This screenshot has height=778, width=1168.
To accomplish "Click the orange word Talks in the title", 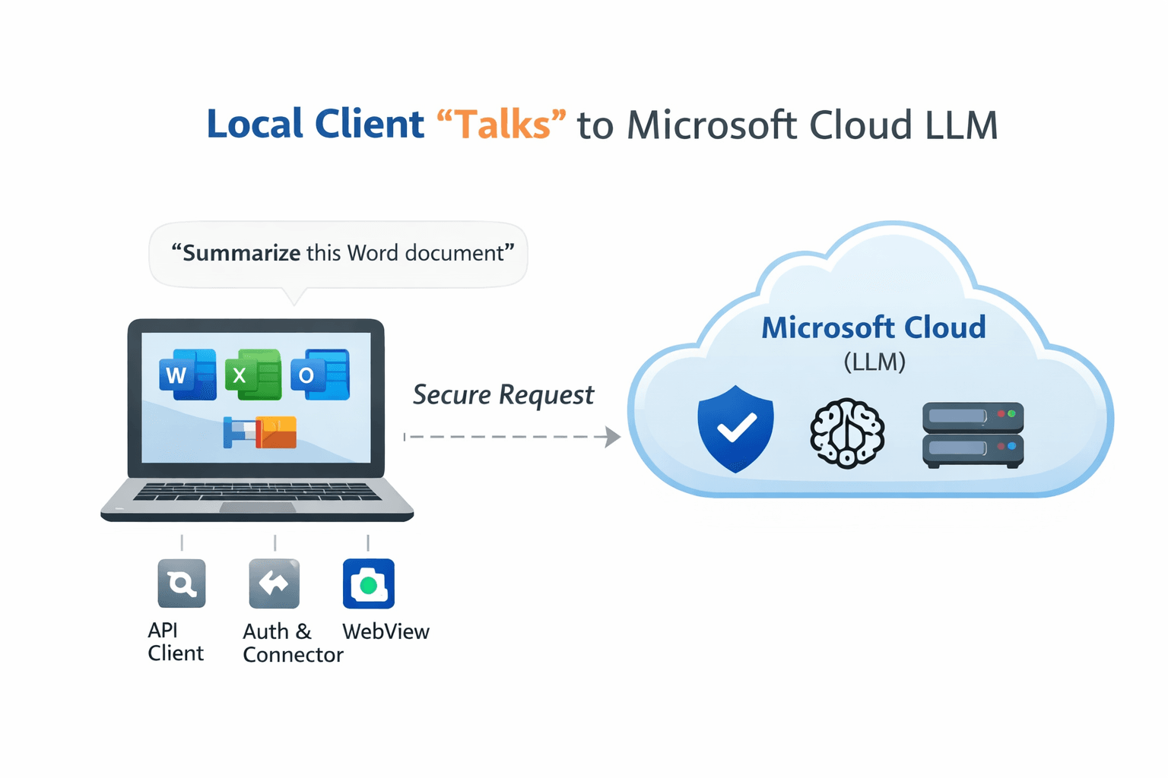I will point(502,125).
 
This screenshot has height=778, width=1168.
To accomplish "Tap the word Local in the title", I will point(255,125).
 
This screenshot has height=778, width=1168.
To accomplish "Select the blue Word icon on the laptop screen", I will point(187,375).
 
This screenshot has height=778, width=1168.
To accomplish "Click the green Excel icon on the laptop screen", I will point(253,375).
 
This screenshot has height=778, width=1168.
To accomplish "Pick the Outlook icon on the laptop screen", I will point(320,375).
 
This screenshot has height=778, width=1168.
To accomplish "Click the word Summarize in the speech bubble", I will point(242,253).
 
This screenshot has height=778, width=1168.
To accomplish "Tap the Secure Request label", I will point(503,395).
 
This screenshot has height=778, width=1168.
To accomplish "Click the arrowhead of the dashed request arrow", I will point(613,437).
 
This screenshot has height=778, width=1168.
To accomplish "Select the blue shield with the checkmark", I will point(735,429).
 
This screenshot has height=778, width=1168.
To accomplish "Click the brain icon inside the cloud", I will point(847,433).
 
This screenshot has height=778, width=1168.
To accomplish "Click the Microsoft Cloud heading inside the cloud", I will point(873,327).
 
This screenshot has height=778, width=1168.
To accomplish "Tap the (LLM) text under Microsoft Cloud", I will point(874,362).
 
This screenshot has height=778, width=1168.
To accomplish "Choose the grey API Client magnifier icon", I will point(181,583).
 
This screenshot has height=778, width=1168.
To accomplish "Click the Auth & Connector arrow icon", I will point(274,583).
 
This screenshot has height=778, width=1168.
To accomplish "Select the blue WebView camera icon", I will point(369,583).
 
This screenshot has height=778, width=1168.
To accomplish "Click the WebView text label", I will point(386,631).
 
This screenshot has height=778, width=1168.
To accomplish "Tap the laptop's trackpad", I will point(257,508).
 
